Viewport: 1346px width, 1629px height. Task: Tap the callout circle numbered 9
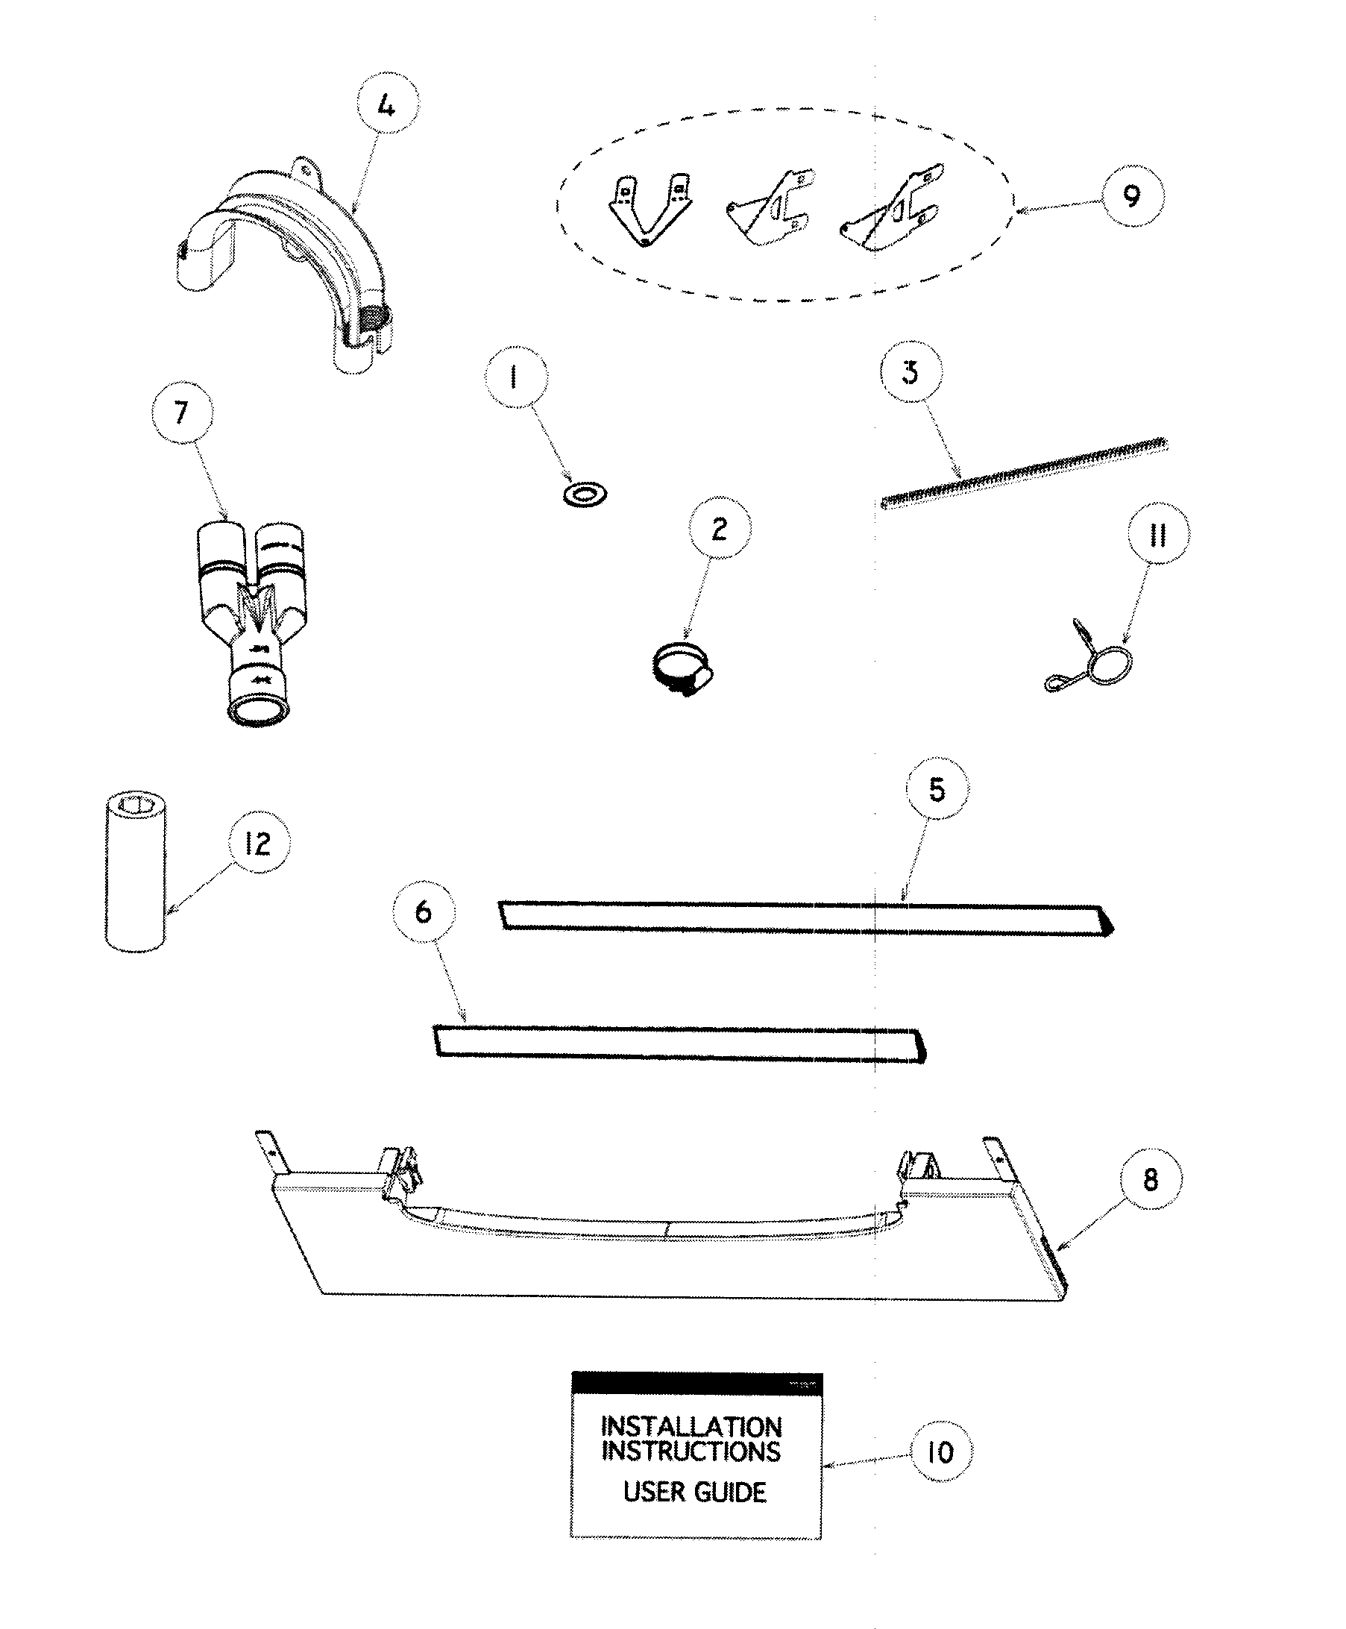coord(1133,195)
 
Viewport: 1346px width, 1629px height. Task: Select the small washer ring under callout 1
coord(585,493)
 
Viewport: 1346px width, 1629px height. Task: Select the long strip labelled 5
coord(805,919)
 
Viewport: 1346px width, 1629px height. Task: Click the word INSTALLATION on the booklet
coord(691,1427)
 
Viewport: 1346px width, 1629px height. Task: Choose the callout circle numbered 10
coord(940,1451)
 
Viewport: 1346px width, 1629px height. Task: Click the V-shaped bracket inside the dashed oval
coord(648,210)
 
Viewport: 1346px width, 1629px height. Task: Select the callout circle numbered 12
coord(258,843)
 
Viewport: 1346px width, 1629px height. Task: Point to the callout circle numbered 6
coord(424,911)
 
